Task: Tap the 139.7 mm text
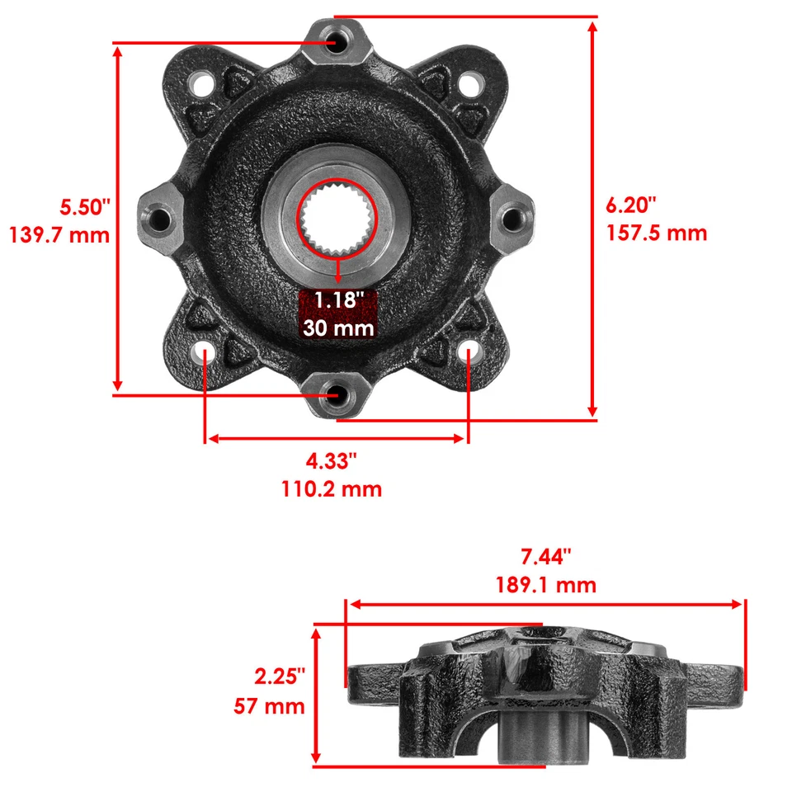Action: [x=59, y=235]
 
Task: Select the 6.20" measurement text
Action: [x=631, y=203]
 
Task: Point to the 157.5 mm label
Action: [x=658, y=233]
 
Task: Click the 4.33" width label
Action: [x=332, y=459]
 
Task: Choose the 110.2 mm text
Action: [x=332, y=488]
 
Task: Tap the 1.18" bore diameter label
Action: [x=338, y=299]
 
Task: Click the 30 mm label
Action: [x=337, y=328]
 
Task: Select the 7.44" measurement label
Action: [x=545, y=557]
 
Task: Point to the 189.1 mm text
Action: [x=545, y=586]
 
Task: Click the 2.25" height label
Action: [x=280, y=676]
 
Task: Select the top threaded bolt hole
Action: [x=335, y=43]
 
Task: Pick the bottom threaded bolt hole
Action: [x=335, y=397]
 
